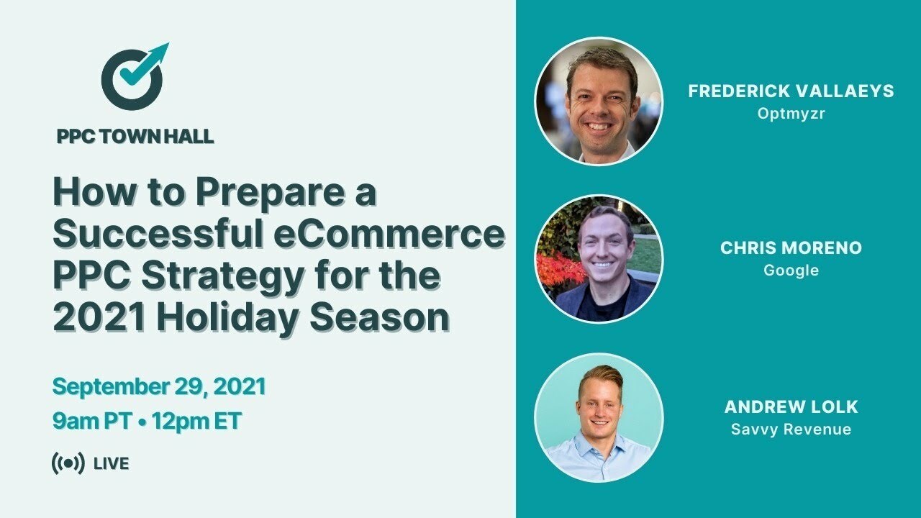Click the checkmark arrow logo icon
point(133,78)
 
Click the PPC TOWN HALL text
point(135,136)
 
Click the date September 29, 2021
point(159,386)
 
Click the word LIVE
point(112,464)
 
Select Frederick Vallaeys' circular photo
point(599,101)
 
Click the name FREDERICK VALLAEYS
point(791,91)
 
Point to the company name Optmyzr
point(791,114)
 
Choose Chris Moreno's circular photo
point(599,258)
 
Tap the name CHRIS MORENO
point(791,248)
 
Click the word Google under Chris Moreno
point(791,271)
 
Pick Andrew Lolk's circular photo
point(599,417)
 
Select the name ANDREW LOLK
point(791,406)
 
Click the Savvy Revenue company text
point(791,430)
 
